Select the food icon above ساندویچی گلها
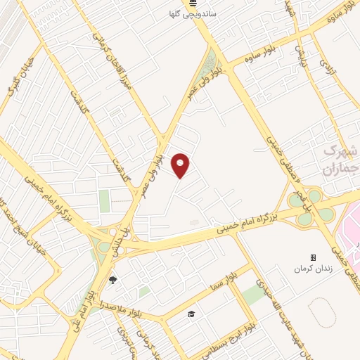(192, 4)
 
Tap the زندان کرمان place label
(313, 270)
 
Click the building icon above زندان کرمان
(313, 258)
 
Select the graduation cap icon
(191, 314)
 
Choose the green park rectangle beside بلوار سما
(254, 293)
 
